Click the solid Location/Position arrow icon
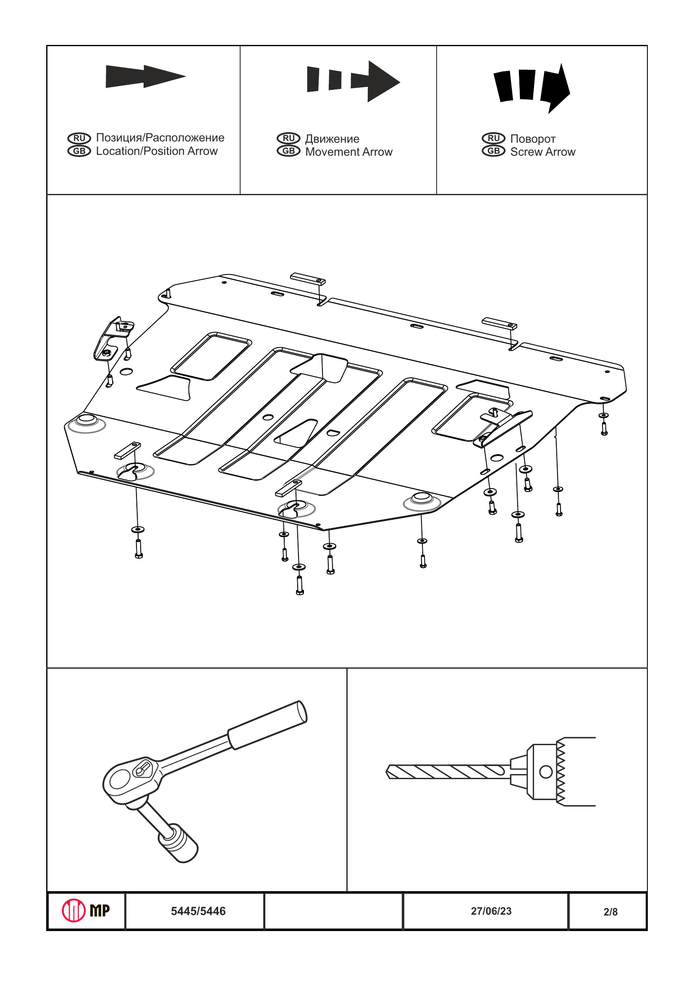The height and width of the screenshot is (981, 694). [145, 76]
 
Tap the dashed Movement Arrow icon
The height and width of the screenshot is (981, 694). [353, 81]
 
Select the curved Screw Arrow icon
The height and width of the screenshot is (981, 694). [532, 88]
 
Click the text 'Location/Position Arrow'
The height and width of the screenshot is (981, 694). [157, 151]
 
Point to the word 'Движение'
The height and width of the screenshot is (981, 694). [332, 139]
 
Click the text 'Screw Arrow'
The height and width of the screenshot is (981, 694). [542, 152]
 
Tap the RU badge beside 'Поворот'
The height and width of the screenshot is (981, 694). [494, 139]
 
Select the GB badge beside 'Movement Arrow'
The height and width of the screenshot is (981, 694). [288, 151]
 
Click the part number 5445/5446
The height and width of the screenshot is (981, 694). [198, 911]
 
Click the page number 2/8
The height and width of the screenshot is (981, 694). [610, 912]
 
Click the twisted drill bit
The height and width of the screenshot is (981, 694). [447, 772]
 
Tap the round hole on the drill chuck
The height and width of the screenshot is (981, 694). [546, 772]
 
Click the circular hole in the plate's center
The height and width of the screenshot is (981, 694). [268, 417]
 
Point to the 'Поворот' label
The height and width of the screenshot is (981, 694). [532, 139]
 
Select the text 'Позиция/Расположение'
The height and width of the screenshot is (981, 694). [160, 138]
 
